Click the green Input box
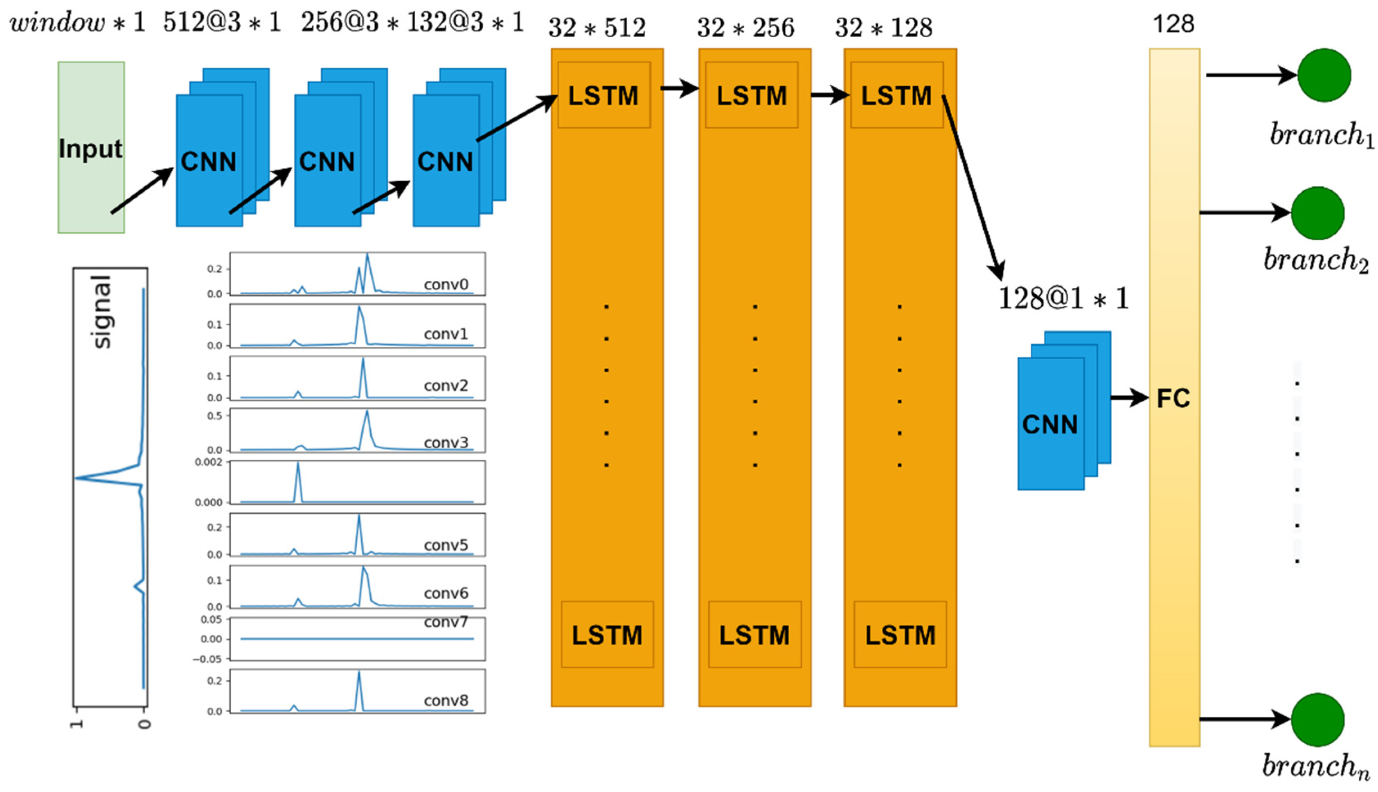tap(91, 147)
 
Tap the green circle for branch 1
tap(1324, 75)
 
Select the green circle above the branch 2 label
tap(1318, 213)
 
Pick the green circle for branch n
tap(1318, 720)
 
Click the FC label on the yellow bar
tap(1173, 399)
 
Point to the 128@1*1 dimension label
tap(1064, 299)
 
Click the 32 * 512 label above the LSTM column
tap(597, 28)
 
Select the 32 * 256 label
tap(746, 28)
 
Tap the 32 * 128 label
tap(883, 28)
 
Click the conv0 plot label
tap(446, 284)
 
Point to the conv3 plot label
tap(446, 442)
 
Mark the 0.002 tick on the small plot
tap(209, 463)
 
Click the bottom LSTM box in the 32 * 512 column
tap(607, 634)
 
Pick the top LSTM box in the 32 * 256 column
tap(751, 95)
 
